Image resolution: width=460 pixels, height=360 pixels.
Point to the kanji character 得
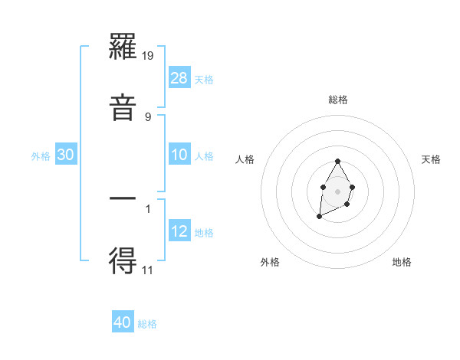[123, 261]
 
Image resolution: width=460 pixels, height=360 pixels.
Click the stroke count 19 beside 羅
[148, 56]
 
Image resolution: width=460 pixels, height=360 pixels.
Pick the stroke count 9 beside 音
[148, 116]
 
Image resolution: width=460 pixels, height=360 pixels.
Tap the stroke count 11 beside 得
[148, 270]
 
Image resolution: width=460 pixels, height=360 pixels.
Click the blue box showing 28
[179, 77]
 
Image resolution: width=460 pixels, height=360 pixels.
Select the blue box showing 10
[179, 155]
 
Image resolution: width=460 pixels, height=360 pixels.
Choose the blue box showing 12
[179, 231]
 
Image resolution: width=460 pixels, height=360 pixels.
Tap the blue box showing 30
[66, 155]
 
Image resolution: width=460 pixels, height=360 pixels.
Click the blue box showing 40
[123, 322]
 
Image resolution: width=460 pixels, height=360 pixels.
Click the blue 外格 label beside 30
[41, 156]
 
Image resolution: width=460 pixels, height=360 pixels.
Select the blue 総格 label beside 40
[147, 324]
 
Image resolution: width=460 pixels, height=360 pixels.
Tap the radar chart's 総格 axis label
[338, 100]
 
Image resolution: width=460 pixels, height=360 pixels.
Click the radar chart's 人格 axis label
[245, 159]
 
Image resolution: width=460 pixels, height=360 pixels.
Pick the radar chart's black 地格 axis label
[402, 262]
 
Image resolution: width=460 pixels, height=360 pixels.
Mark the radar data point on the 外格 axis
[319, 218]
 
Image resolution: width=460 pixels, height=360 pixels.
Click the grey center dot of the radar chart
[337, 191]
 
